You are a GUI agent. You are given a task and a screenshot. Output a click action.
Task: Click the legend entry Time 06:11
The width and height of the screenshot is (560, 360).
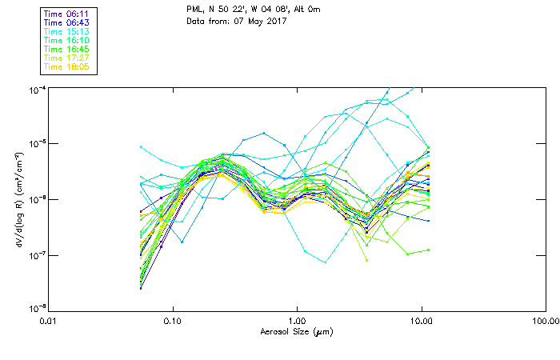[68, 14]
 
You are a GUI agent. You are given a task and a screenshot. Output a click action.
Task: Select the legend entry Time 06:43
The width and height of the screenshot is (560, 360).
[68, 22]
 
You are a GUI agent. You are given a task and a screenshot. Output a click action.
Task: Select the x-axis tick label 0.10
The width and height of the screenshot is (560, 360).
[173, 322]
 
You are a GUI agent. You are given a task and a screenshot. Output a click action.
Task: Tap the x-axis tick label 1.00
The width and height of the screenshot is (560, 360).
[297, 322]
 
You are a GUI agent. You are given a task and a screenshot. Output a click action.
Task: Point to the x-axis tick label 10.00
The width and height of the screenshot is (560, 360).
[422, 322]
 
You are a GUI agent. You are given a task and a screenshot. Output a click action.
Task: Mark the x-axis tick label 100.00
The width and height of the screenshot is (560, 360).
[546, 322]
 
